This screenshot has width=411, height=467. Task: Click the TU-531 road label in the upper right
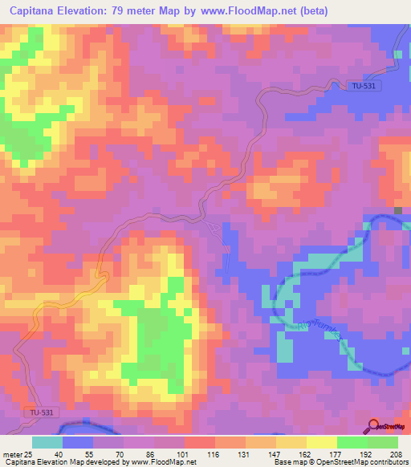pos(365,86)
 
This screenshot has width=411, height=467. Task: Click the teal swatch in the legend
pos(47,442)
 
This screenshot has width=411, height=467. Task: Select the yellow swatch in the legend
pos(322,442)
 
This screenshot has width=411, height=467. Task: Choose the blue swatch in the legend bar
pos(78,442)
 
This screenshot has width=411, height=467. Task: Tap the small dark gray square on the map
pos(398,211)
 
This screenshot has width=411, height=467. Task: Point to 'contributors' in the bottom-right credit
pos(388,463)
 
